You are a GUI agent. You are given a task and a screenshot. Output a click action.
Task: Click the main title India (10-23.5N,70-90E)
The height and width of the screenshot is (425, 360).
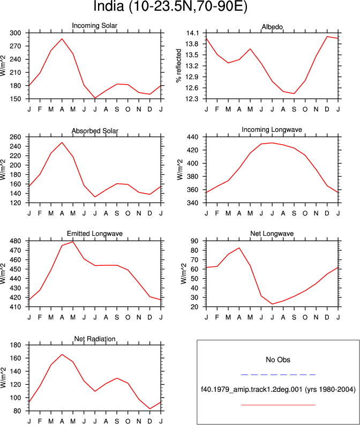(170, 6)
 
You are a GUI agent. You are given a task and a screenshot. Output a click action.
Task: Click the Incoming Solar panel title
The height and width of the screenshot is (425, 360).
(94, 26)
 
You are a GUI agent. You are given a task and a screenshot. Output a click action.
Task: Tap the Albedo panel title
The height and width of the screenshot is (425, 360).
(272, 27)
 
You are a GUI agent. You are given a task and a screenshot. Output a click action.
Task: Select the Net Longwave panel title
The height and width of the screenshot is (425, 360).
(272, 234)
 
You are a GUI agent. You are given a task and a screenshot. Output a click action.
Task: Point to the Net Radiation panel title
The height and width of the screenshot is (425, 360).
(95, 339)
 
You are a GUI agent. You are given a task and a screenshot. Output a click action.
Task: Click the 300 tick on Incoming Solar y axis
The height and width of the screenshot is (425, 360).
(16, 33)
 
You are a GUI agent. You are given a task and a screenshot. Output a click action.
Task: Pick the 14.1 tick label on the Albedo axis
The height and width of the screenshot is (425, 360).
(192, 33)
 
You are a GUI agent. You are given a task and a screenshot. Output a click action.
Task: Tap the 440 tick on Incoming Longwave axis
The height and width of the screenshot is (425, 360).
(193, 137)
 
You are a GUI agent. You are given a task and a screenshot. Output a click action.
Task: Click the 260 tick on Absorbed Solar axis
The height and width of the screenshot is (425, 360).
(16, 137)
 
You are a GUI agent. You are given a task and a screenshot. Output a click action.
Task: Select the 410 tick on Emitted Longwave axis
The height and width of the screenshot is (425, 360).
(16, 307)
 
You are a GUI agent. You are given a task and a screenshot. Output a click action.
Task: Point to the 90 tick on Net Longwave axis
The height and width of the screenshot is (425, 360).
(195, 241)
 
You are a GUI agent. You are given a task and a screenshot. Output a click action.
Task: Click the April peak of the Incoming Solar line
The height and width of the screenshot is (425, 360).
(62, 39)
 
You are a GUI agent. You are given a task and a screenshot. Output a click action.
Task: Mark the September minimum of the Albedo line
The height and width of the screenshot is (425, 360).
(294, 93)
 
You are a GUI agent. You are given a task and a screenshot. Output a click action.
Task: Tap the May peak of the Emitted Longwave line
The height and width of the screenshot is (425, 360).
(73, 242)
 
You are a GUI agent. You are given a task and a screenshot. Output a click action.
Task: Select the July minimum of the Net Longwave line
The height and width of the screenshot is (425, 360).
(272, 304)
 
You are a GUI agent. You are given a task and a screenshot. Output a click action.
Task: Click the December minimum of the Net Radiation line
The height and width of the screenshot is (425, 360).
(150, 409)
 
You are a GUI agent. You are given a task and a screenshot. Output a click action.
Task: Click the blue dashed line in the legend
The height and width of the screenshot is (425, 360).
(278, 375)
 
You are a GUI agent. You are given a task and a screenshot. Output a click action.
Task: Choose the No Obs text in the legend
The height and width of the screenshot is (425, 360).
(278, 360)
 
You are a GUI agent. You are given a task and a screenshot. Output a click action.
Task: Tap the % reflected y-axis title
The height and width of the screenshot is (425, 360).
(178, 66)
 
